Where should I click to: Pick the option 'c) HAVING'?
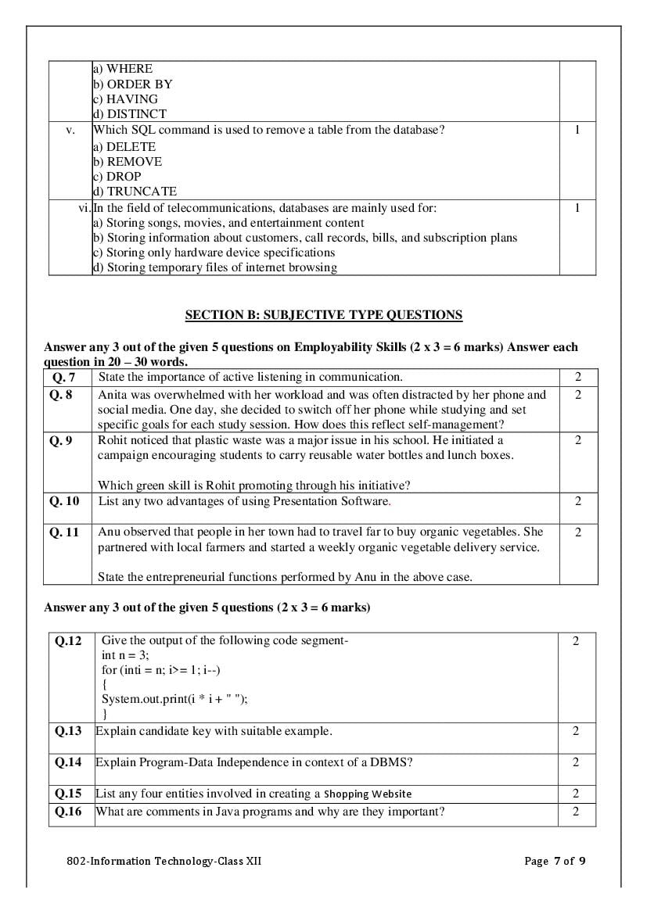125,99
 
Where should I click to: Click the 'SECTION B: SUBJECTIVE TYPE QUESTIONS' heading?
323,315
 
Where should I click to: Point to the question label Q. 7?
63,377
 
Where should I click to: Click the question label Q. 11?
65,532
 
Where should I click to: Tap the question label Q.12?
68,641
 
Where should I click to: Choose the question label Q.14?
68,762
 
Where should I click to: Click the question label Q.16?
68,812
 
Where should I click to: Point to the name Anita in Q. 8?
114,395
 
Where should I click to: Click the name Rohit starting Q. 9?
114,440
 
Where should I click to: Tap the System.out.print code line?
174,700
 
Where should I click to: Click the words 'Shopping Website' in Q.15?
368,794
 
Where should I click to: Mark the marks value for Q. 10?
578,501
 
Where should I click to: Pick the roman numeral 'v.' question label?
70,131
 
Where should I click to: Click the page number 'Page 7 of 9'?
555,862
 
